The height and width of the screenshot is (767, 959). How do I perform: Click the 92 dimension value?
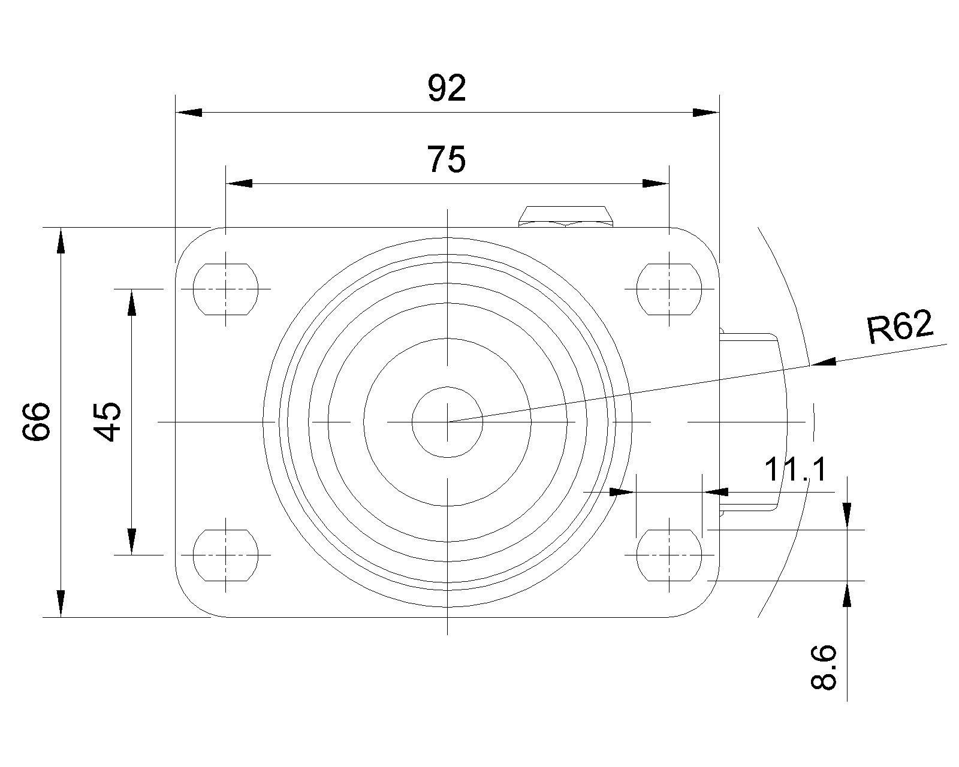coord(447,88)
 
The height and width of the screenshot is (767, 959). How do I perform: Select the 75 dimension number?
coord(447,159)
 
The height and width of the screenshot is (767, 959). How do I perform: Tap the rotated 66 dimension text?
coord(37,422)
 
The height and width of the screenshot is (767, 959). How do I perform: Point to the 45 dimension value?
coord(107,422)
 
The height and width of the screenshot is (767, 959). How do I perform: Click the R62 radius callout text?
coord(900,327)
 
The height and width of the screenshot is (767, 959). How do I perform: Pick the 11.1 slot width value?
coord(795,469)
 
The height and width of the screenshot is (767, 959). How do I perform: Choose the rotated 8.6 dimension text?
coord(823,667)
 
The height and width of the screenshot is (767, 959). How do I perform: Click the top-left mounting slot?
coord(225,289)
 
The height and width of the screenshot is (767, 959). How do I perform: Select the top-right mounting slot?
coord(669,289)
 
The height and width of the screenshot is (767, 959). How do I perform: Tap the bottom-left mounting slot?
coord(225,555)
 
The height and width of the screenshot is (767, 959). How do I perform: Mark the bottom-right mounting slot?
coord(669,555)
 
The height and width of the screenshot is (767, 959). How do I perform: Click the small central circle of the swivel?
coord(447,422)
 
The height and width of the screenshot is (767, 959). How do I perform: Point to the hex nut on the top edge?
coord(565,216)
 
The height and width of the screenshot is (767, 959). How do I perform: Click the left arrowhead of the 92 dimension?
coord(189,112)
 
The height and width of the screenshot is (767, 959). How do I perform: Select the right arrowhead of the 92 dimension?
coord(706,112)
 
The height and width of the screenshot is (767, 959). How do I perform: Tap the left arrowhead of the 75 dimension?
coord(239,183)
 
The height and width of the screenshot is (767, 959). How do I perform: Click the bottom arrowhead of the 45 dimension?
coord(131,542)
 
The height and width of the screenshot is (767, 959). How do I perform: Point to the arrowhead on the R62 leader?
coord(822,363)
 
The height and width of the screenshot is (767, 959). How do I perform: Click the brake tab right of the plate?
coord(753,422)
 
